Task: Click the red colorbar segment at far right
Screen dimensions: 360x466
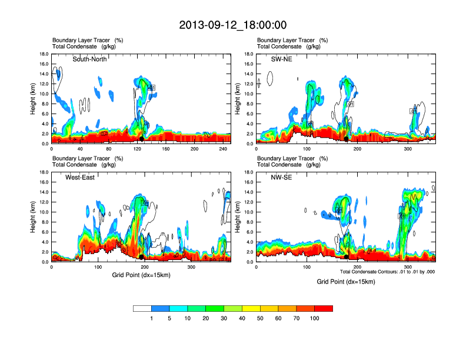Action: pyautogui.click(x=324, y=308)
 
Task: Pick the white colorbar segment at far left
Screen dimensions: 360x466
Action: pyautogui.click(x=142, y=308)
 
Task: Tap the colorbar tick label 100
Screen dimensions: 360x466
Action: pyautogui.click(x=315, y=318)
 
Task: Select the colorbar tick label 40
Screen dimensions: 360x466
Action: pyautogui.click(x=242, y=318)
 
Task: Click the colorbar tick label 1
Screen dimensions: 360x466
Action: pyautogui.click(x=152, y=318)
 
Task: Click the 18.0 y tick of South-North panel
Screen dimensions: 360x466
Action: pyautogui.click(x=43, y=54)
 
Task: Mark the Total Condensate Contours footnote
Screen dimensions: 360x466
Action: pyautogui.click(x=387, y=272)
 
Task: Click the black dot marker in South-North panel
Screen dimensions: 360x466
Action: pyautogui.click(x=141, y=139)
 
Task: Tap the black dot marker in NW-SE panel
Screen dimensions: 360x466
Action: pyautogui.click(x=347, y=257)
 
